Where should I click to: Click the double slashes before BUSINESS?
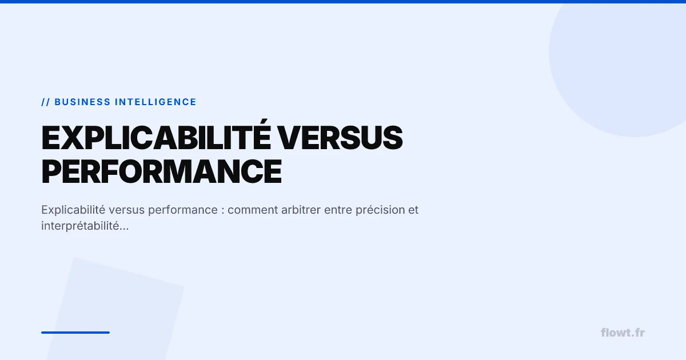point(46,102)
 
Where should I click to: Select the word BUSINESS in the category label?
point(82,102)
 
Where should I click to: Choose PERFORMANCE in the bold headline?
point(161,170)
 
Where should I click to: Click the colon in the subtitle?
point(222,210)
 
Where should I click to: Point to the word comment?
point(253,210)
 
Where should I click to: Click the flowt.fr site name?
point(623,333)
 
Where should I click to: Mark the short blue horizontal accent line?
point(75,333)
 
